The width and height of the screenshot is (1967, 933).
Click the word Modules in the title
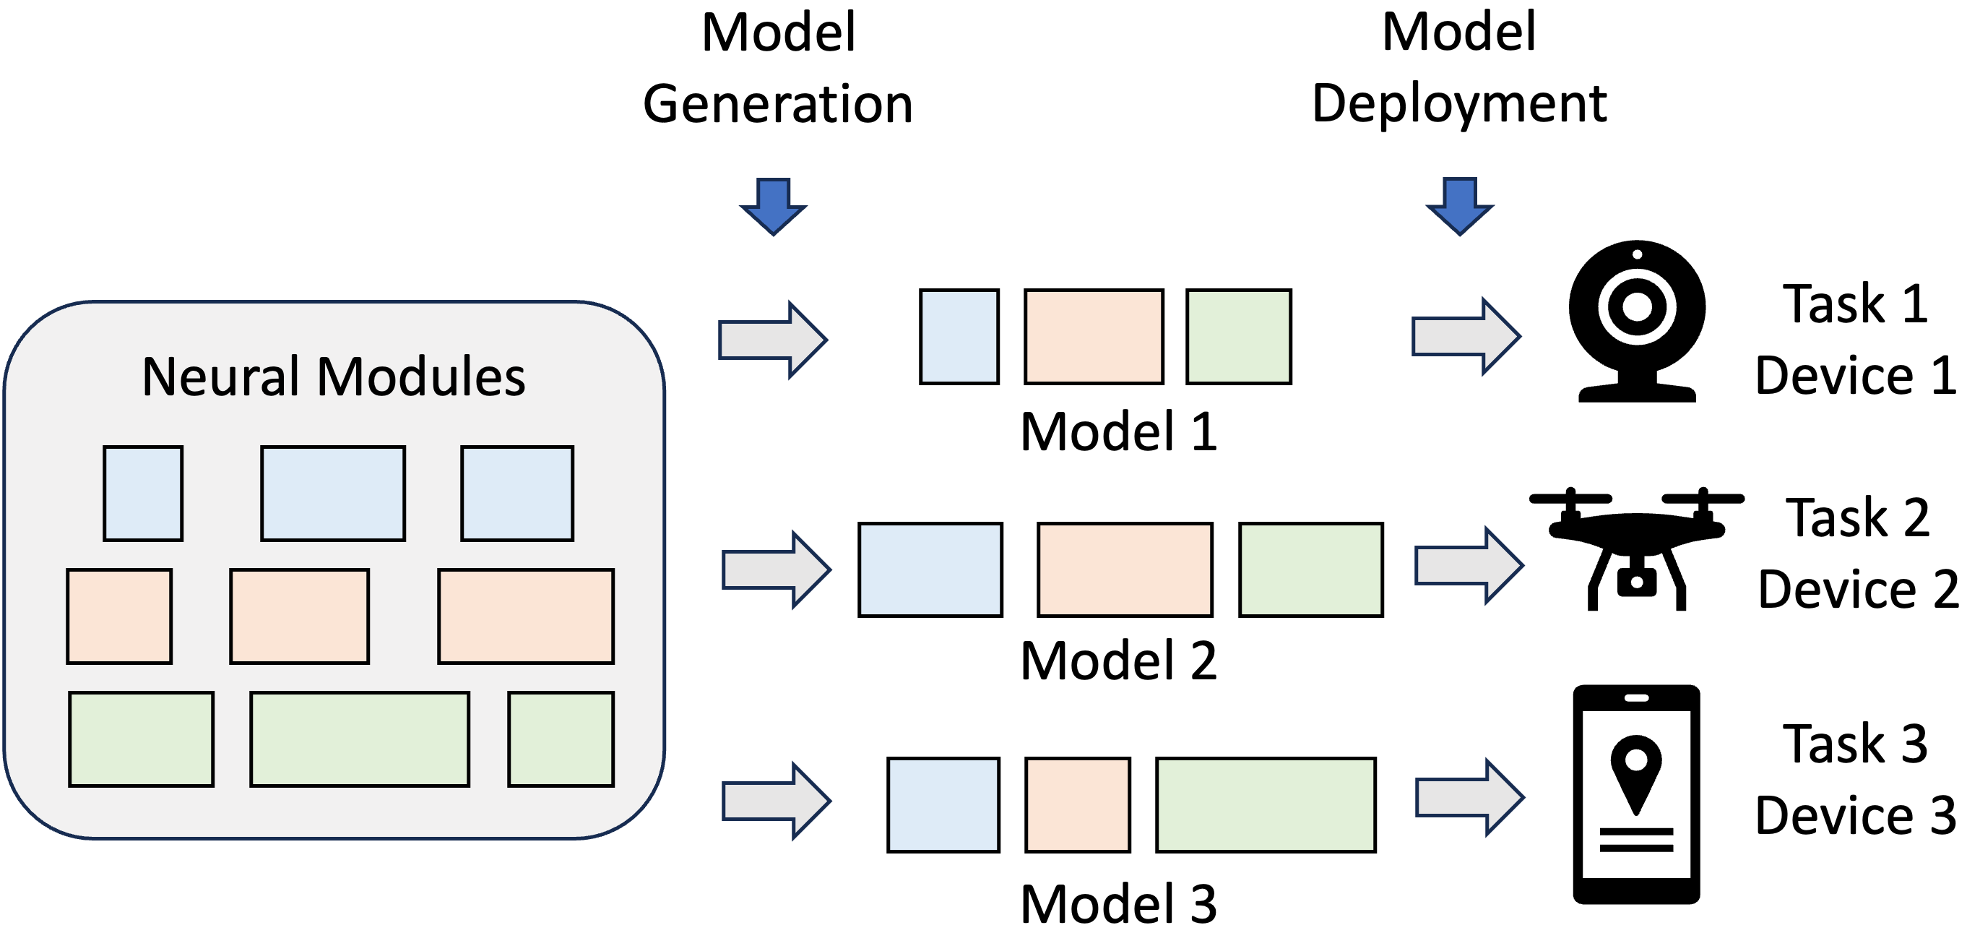tap(420, 377)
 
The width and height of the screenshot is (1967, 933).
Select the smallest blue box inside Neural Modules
tap(143, 494)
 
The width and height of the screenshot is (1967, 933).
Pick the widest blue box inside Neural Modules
tap(333, 494)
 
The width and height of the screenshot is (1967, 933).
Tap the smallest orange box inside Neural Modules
tap(119, 616)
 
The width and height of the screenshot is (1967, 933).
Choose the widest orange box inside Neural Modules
tap(525, 616)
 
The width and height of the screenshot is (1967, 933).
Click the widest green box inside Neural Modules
tap(360, 739)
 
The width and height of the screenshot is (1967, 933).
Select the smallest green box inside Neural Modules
tap(561, 739)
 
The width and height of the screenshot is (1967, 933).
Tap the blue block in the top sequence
tap(959, 336)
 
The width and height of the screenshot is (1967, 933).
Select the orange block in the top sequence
tap(1094, 336)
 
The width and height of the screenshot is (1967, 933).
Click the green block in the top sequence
tap(1239, 336)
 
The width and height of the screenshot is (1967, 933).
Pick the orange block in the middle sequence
tap(1125, 569)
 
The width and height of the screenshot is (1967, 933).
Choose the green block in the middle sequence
tap(1310, 569)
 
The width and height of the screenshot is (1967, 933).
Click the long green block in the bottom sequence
tap(1266, 804)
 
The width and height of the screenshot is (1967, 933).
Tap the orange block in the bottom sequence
tap(1078, 804)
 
